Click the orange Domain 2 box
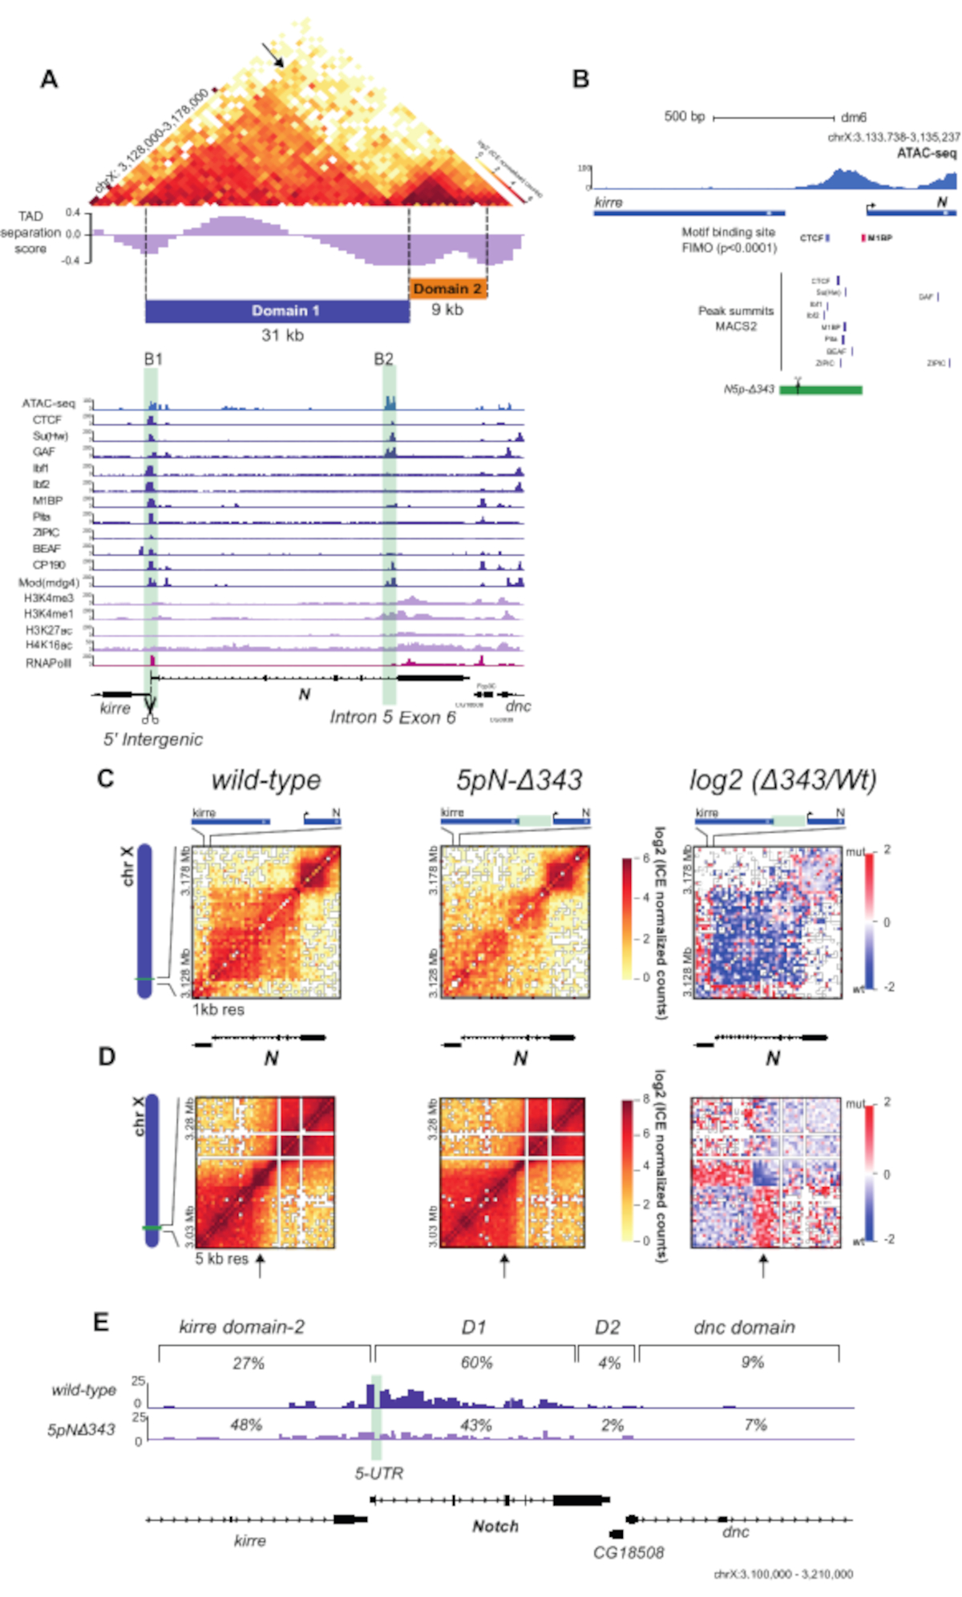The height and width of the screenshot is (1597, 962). (448, 289)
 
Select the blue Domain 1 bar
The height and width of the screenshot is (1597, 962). (277, 311)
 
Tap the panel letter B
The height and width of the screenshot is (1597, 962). (581, 79)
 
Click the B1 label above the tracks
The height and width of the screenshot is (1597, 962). (153, 358)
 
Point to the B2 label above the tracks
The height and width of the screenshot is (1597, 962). (384, 358)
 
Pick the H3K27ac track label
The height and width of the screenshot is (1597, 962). (49, 630)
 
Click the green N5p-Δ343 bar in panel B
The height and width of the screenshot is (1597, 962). (821, 390)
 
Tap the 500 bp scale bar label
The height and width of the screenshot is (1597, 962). (684, 117)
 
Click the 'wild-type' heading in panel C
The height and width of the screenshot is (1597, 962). (265, 780)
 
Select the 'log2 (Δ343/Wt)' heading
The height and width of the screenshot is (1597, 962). (782, 780)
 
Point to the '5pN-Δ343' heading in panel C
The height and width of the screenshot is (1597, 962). (519, 780)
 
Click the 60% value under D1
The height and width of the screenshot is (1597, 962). (476, 1363)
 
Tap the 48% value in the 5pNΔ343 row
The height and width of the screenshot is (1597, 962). (246, 1425)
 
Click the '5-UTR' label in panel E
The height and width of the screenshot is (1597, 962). (379, 1473)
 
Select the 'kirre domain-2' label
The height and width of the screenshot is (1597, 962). (241, 1328)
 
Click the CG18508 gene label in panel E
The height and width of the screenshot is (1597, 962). (629, 1553)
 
